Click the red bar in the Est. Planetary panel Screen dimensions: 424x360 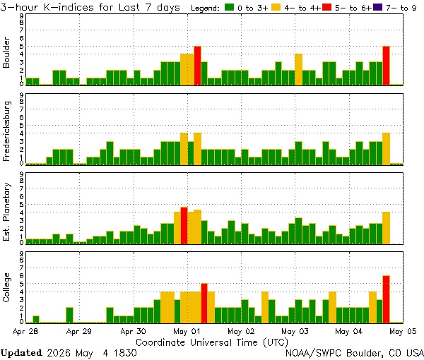pos(184,226)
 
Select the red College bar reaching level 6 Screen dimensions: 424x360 pos(386,299)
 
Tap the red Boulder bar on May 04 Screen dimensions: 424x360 pos(386,66)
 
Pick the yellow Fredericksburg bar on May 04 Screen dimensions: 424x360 pos(386,149)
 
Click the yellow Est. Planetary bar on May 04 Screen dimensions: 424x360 pos(386,228)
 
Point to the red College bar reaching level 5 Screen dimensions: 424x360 pos(204,304)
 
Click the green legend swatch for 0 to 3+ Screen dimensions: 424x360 pos(229,7)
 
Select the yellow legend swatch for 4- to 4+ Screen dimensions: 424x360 pos(276,7)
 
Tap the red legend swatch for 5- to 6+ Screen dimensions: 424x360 pos(326,7)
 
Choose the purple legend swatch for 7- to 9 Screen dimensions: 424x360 pos(377,7)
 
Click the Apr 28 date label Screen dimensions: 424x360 pos(25,331)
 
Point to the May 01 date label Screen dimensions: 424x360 pos(187,331)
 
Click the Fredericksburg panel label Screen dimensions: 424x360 pos(6,131)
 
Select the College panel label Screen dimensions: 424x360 pos(6,287)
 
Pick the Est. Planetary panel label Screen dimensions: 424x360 pos(6,212)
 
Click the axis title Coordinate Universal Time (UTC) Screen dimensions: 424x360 pos(212,342)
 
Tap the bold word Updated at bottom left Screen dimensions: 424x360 pos(21,353)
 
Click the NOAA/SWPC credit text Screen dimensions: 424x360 pos(355,353)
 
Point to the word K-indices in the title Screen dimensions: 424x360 pos(69,7)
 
